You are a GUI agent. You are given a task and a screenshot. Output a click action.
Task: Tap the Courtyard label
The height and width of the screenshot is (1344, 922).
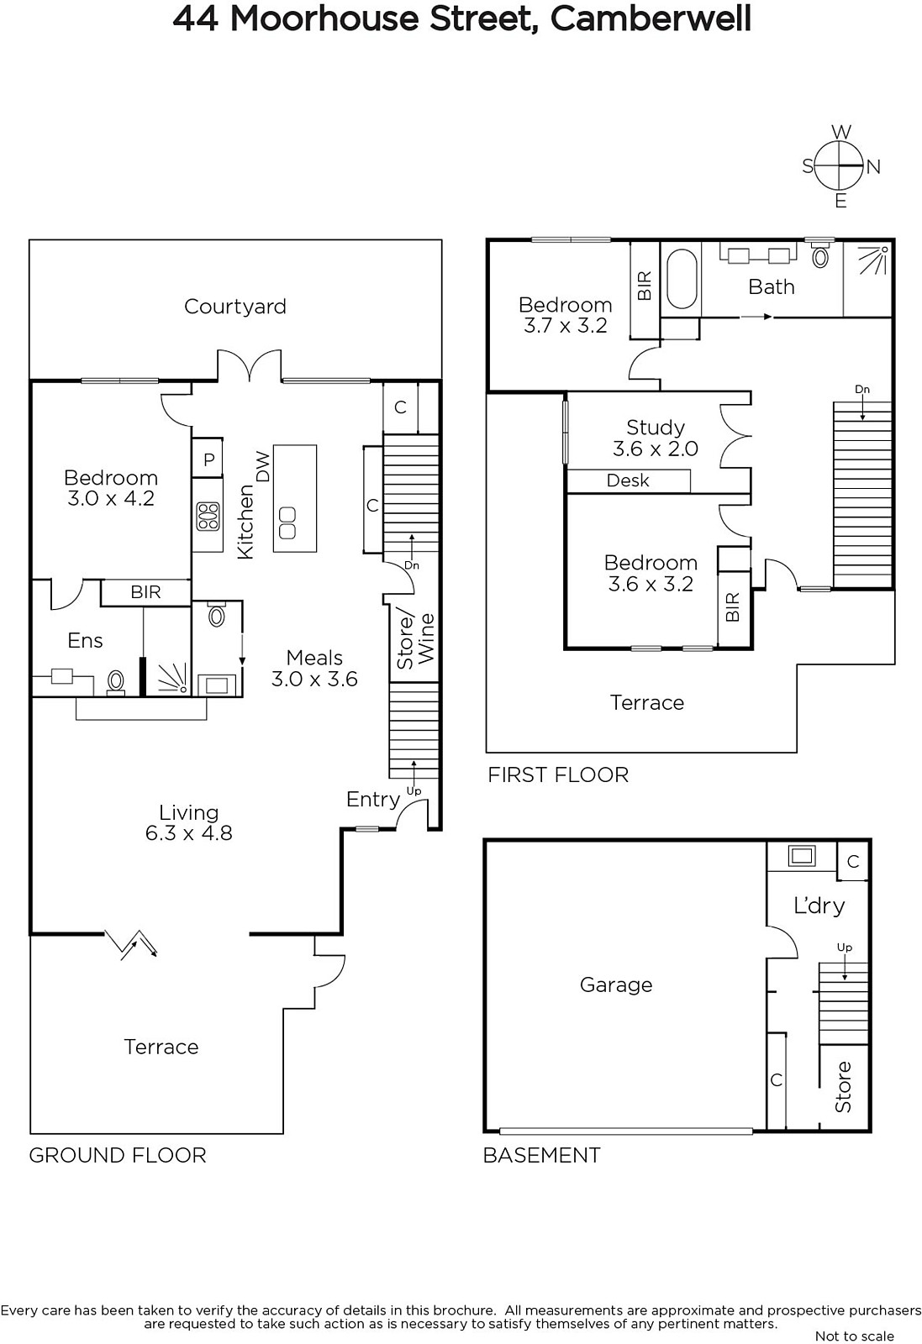(x=234, y=307)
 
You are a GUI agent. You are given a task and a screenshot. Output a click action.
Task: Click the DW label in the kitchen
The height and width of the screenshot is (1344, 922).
(x=263, y=467)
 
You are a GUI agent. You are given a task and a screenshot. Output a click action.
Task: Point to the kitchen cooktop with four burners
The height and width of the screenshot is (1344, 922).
(x=208, y=517)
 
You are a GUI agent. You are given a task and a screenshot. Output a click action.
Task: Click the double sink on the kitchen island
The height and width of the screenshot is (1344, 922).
(x=287, y=522)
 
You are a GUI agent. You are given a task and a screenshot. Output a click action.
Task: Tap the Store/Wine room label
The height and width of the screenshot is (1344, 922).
(x=415, y=641)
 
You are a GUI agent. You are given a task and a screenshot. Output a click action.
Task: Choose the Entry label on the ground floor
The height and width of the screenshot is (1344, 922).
(x=373, y=800)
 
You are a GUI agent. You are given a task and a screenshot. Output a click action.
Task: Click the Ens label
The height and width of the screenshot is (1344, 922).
(x=85, y=641)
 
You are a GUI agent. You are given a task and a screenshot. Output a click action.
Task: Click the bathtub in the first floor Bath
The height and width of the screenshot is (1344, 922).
(x=682, y=279)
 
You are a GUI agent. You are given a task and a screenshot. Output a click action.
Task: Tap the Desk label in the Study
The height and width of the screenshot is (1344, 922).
(x=628, y=480)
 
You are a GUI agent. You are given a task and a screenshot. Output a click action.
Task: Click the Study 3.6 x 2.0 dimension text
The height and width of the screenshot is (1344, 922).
(x=656, y=449)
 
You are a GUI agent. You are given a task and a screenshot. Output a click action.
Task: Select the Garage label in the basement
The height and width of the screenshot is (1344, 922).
(x=616, y=984)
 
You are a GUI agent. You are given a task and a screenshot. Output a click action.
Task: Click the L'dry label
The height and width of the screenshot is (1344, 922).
(x=819, y=906)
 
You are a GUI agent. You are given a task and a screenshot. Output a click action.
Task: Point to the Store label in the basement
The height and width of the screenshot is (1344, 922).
(x=843, y=1087)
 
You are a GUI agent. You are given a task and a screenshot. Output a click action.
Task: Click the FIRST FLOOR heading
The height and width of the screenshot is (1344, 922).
(x=558, y=775)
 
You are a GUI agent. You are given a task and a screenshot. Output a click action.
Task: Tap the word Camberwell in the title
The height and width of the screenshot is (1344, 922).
(x=651, y=18)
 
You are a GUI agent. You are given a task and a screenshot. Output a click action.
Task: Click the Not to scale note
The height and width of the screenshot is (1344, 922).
(x=855, y=1336)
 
